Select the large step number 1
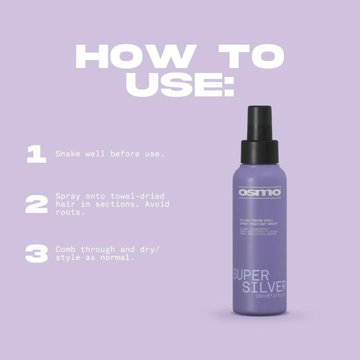[x=36, y=153]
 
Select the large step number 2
[x=36, y=203]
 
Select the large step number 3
[x=36, y=253]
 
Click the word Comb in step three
[x=65, y=248]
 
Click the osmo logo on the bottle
[x=259, y=192]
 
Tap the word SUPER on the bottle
[x=250, y=274]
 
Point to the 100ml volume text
[x=249, y=296]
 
